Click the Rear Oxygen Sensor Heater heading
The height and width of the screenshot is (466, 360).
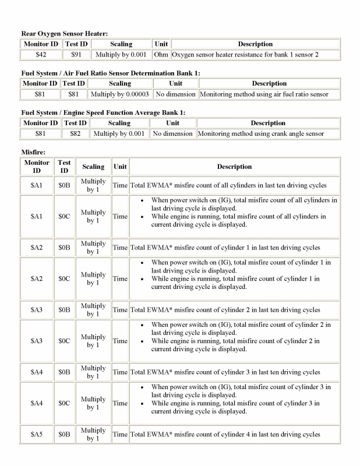point(65,34)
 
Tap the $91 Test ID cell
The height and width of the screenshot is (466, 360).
point(76,55)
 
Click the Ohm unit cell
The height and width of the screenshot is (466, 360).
point(161,55)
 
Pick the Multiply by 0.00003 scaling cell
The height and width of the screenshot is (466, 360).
point(120,94)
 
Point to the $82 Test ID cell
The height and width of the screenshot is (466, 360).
point(75,134)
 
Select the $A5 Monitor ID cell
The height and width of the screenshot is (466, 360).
point(37,435)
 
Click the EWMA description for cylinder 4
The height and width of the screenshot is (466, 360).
point(225,435)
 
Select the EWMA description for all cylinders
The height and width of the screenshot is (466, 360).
point(228,185)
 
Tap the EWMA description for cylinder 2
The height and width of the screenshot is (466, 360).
point(225,310)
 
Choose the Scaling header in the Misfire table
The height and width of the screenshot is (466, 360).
point(93,167)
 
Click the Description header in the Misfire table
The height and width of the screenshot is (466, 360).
point(234,167)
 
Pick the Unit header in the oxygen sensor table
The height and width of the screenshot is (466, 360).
point(161,44)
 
